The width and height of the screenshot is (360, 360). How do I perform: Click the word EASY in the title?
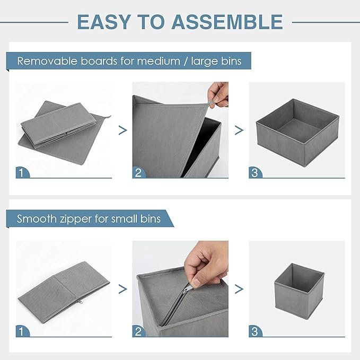[104, 22]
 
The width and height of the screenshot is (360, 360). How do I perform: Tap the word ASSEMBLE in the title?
[227, 22]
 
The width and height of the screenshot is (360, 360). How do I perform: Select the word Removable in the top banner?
[47, 61]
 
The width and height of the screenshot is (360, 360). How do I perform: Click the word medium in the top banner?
[159, 62]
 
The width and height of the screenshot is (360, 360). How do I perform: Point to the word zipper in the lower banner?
[76, 219]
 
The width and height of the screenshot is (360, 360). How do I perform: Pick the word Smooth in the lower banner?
[37, 218]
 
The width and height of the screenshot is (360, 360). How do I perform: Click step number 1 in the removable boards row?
[21, 173]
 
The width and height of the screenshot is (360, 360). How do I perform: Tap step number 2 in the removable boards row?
[138, 173]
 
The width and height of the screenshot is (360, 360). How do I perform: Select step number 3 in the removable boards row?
[254, 173]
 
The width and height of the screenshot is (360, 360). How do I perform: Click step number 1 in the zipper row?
[21, 331]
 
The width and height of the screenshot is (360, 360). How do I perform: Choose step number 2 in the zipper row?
[138, 331]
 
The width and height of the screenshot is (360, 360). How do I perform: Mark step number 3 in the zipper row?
[254, 331]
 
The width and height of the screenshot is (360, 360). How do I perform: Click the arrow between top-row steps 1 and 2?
[123, 130]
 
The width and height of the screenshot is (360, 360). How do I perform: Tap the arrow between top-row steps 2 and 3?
[239, 130]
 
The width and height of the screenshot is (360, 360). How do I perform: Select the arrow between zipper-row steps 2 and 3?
[239, 289]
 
